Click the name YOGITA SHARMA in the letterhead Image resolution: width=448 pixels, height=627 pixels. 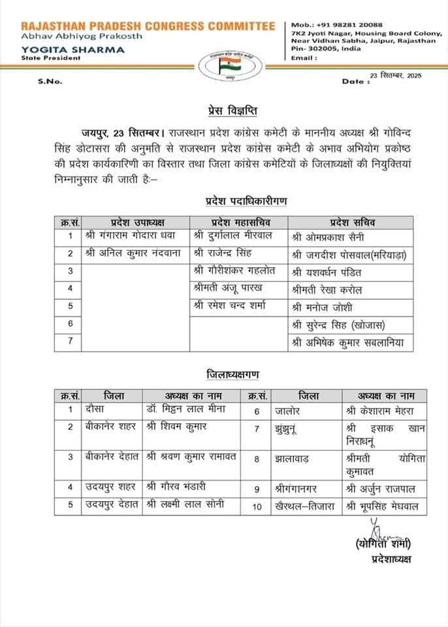55,49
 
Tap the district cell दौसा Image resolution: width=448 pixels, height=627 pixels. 95,410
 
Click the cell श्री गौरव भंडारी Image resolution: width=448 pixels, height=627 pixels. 176,486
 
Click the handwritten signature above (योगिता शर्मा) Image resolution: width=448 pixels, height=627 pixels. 377,527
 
